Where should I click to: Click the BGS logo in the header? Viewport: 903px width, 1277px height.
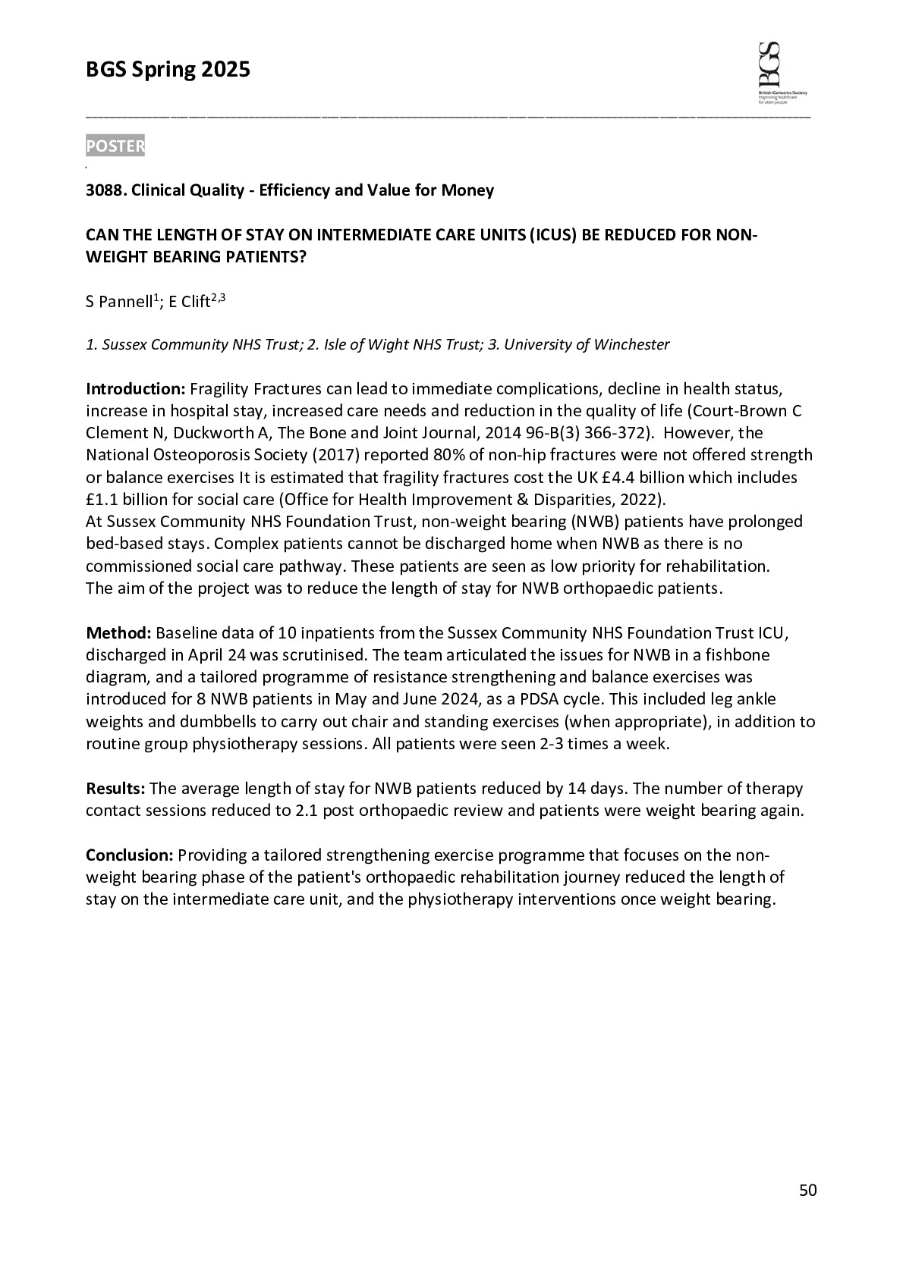tap(779, 73)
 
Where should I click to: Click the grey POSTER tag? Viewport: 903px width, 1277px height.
tap(115, 146)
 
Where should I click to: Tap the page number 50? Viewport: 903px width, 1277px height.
tap(808, 1191)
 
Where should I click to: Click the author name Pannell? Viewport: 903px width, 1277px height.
tap(125, 302)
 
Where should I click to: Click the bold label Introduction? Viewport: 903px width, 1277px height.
tap(135, 389)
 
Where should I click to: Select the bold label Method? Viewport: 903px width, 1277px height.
tap(119, 632)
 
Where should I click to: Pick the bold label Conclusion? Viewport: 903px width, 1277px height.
tap(130, 855)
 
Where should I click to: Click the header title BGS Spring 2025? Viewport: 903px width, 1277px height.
tap(168, 70)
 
